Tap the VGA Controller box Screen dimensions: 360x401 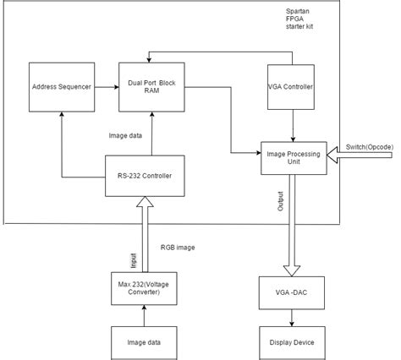click(293, 87)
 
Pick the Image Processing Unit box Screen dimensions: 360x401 click(293, 153)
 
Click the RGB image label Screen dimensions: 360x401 click(181, 248)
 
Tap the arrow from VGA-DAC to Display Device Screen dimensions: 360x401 click(293, 317)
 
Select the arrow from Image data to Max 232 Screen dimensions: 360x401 click(145, 314)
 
